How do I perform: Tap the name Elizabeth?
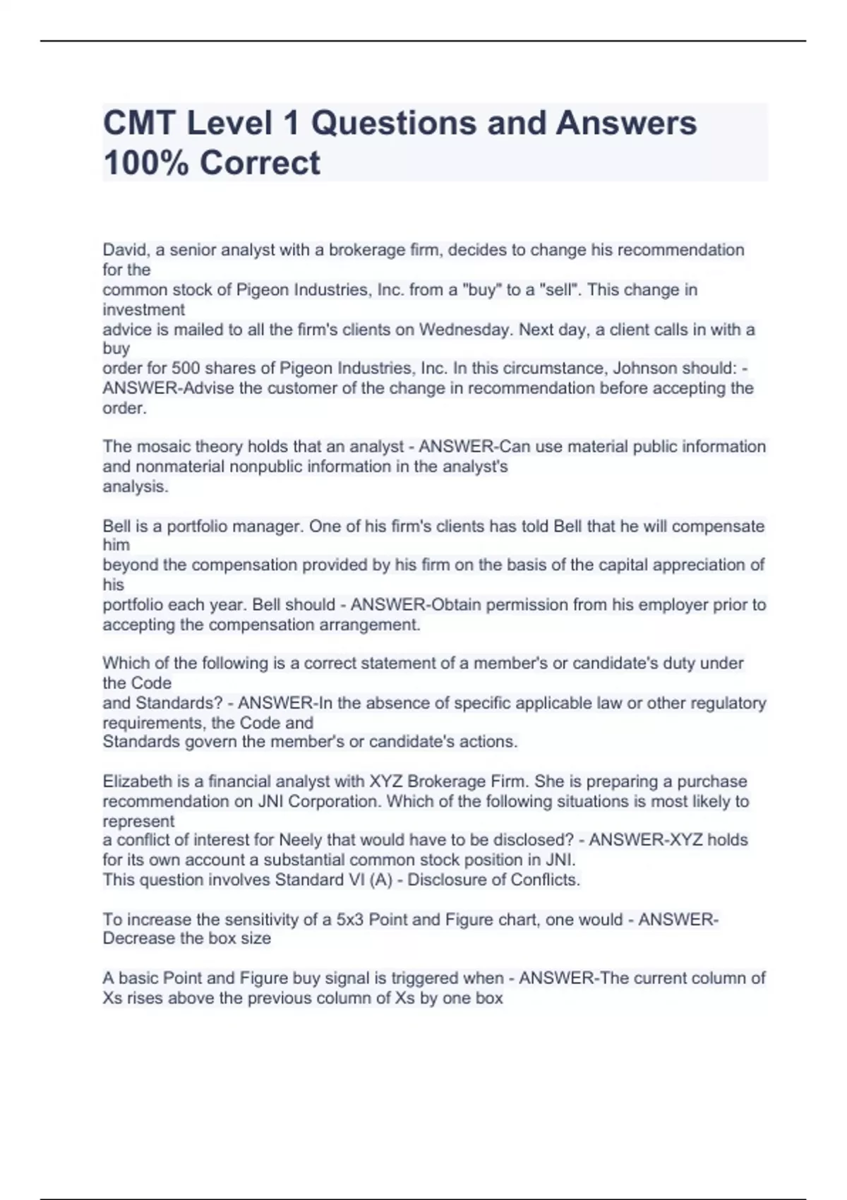(138, 781)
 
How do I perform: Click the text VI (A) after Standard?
(368, 880)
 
